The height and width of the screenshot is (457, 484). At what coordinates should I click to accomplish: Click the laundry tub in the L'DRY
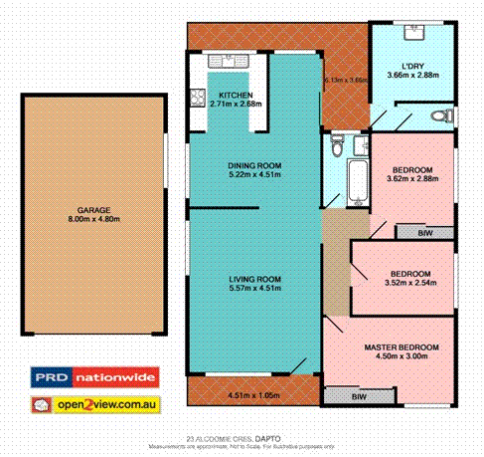pos(415,33)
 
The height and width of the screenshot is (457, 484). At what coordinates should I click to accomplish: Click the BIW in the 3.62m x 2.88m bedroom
pos(425,232)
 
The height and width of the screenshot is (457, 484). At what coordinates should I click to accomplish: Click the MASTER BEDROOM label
pos(402,346)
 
